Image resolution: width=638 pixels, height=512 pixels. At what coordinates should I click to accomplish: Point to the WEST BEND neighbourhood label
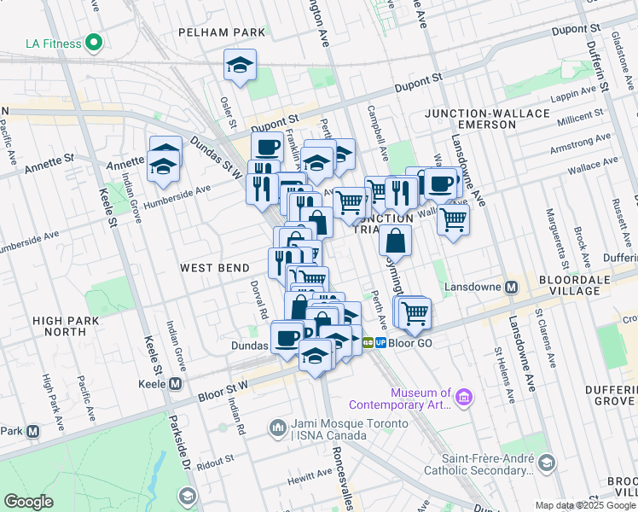(213, 268)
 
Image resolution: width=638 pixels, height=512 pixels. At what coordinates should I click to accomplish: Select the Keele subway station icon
(175, 384)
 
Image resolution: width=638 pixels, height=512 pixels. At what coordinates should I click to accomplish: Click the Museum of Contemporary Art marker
(463, 396)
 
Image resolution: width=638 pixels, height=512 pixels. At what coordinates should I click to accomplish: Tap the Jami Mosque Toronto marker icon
(277, 427)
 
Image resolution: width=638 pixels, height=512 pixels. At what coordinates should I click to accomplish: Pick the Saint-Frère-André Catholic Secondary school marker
(546, 463)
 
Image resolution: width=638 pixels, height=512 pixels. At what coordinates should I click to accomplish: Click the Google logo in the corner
(28, 502)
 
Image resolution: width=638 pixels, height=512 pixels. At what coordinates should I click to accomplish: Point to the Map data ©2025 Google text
(585, 505)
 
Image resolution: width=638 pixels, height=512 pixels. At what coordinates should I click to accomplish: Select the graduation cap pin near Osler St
(241, 66)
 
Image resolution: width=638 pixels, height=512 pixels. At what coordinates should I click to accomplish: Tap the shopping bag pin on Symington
(395, 240)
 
